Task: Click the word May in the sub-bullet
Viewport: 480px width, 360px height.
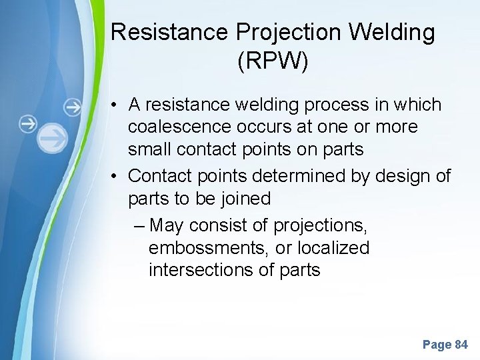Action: point(167,225)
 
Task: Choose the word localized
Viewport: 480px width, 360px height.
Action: point(333,248)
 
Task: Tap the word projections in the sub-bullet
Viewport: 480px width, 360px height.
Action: point(319,225)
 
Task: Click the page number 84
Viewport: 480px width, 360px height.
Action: point(461,345)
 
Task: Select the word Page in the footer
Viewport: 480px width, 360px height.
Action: point(436,345)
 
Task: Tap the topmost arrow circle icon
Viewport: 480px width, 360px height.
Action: point(73,107)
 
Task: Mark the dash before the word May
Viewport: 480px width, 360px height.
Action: point(138,225)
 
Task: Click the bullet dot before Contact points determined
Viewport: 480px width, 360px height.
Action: point(115,176)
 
